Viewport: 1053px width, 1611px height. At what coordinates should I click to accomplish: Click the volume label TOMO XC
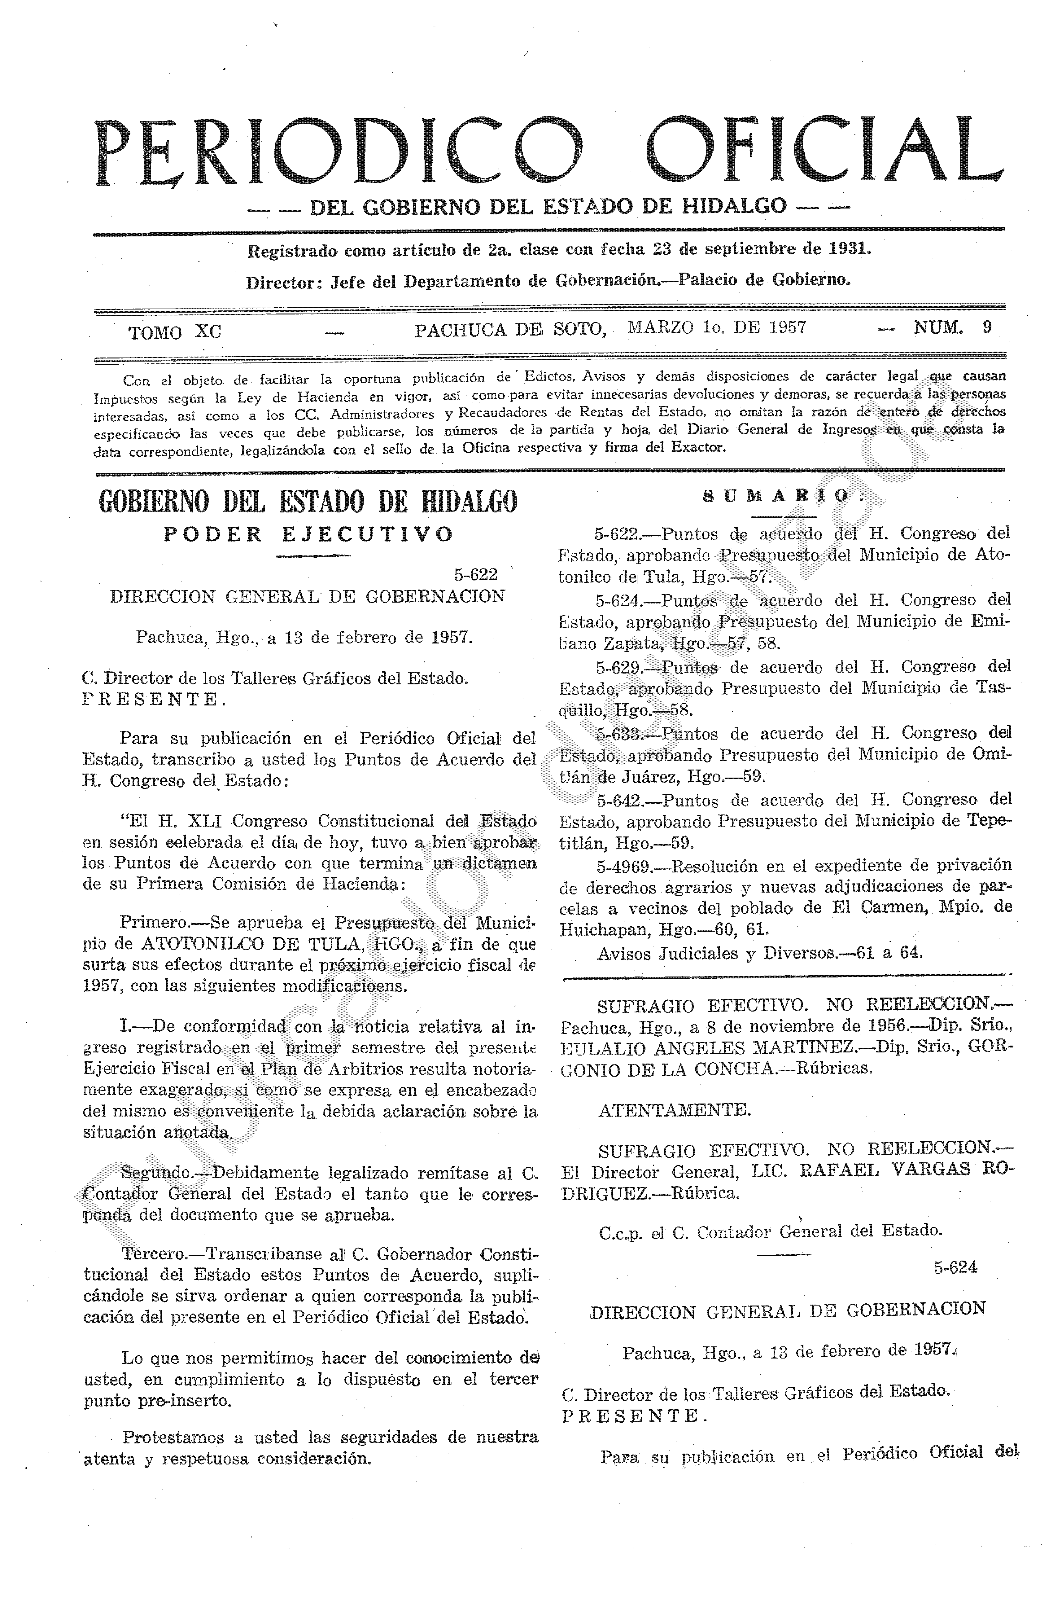(x=175, y=332)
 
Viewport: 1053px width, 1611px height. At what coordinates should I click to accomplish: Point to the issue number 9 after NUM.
(x=987, y=327)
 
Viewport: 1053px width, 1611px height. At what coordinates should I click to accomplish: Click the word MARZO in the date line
(x=660, y=328)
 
